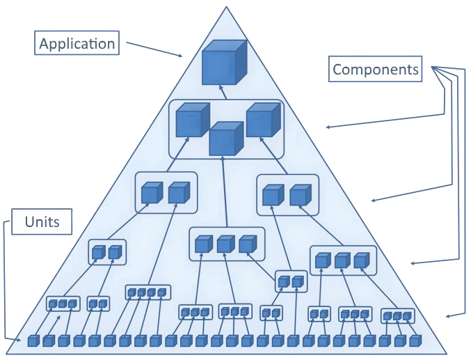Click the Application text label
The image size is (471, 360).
pos(77,45)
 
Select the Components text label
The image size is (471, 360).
pos(376,69)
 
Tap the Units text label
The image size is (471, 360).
pos(42,223)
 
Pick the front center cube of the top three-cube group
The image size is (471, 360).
pos(226,139)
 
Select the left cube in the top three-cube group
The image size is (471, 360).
pos(191,120)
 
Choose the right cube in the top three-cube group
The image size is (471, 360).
pos(262,120)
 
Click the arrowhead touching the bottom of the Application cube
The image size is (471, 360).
pos(221,88)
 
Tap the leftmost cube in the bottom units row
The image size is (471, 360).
pos(33,341)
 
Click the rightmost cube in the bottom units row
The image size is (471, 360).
pos(416,341)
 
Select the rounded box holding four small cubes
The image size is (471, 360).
pos(147,293)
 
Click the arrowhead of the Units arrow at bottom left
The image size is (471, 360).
pos(23,341)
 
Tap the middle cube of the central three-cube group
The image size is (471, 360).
pos(225,244)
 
